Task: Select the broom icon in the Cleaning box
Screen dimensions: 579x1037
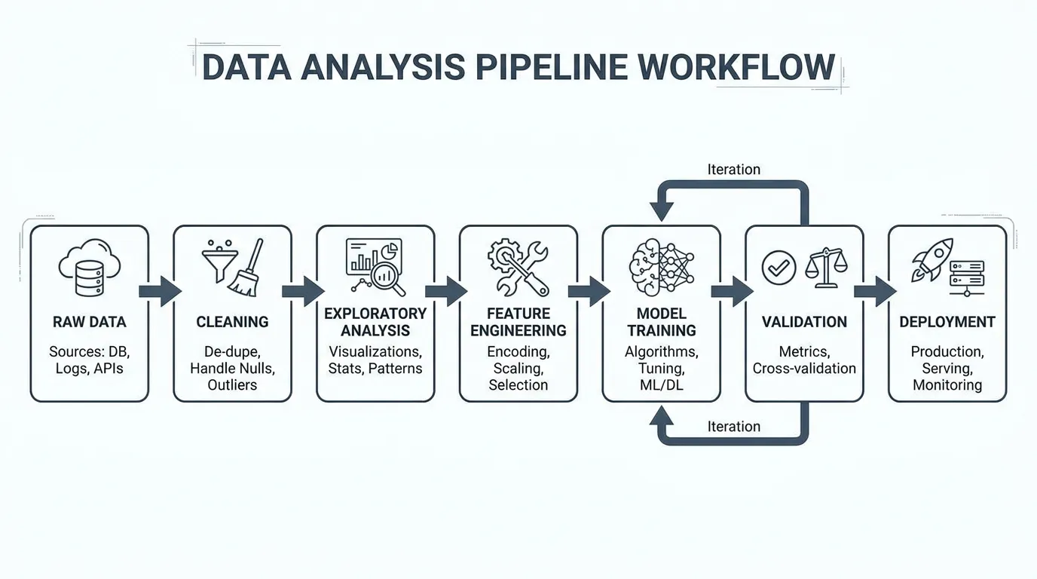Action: click(x=246, y=269)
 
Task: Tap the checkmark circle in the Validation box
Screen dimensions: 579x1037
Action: click(x=779, y=268)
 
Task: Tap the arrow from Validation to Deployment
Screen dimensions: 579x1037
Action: click(x=875, y=291)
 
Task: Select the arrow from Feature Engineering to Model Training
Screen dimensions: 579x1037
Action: click(x=589, y=291)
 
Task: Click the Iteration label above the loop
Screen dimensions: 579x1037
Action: click(x=733, y=170)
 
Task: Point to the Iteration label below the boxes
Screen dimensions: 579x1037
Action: click(x=733, y=427)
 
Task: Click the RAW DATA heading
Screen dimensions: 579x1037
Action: click(x=89, y=322)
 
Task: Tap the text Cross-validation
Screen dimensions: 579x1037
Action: click(x=804, y=369)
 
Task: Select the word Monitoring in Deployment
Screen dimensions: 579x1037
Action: click(x=947, y=385)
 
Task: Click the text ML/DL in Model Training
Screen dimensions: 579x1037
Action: click(x=661, y=385)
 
